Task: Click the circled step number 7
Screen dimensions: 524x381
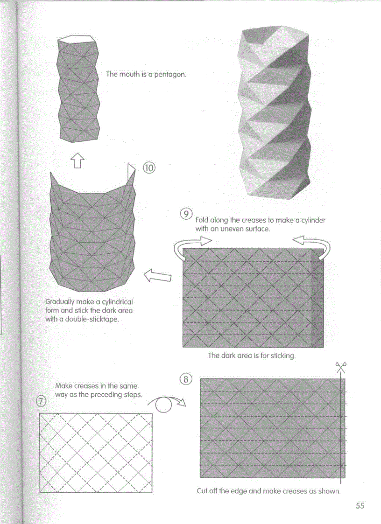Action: [x=41, y=402]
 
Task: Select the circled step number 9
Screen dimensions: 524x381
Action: [x=186, y=214]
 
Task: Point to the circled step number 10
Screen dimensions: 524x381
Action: [x=149, y=168]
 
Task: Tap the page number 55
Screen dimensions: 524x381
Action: [x=360, y=505]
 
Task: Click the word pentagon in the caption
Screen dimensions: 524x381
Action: [x=170, y=74]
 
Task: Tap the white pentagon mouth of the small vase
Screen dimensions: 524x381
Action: [x=76, y=39]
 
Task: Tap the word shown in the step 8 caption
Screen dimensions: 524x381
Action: [x=330, y=491]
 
